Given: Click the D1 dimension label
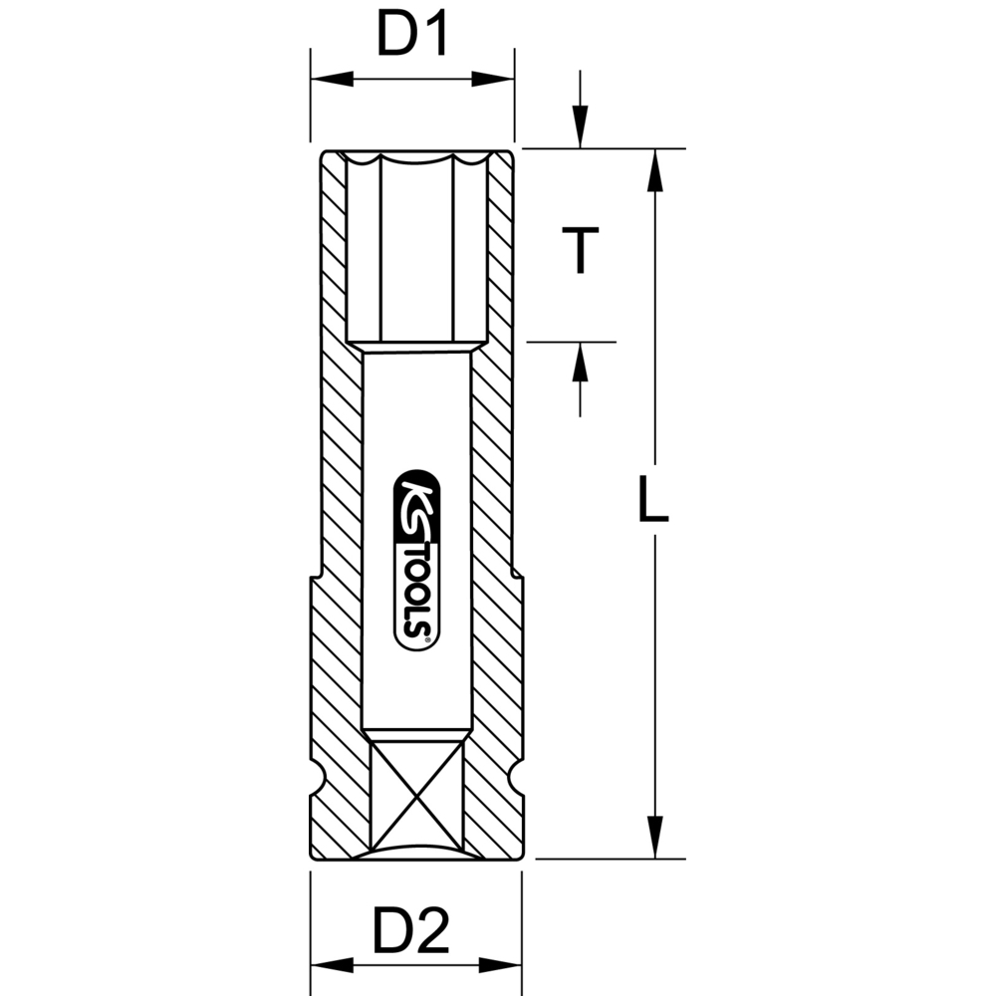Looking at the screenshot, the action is (x=413, y=34).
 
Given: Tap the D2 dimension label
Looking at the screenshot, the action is (x=411, y=930).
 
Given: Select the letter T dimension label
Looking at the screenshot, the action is (x=580, y=250).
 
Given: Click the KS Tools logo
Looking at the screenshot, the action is (x=417, y=560).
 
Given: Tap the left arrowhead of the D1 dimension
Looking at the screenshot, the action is (x=332, y=80).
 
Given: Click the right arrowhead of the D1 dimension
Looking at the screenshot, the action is (x=492, y=80).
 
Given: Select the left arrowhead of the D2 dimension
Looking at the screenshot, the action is (x=332, y=965).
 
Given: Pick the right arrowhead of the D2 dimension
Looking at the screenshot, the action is (x=500, y=965).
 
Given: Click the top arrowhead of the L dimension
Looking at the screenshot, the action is (x=655, y=169).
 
